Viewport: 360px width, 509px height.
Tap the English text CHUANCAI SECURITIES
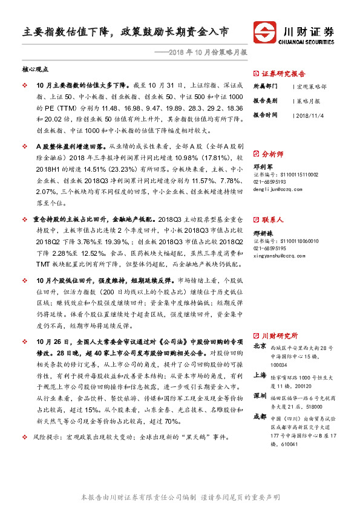point(308,42)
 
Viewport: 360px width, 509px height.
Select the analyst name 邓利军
point(262,166)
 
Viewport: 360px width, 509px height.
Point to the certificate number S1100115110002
point(284,173)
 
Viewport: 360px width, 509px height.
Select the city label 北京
point(260,346)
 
